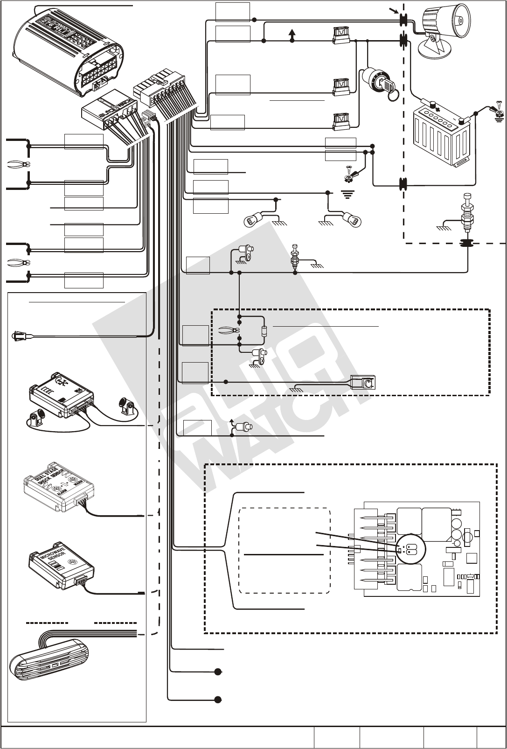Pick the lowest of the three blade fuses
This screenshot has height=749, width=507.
(x=342, y=122)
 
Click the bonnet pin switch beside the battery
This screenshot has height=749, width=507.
(x=467, y=212)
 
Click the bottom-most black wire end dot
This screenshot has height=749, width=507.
(x=218, y=700)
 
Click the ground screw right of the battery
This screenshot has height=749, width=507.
(x=500, y=110)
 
